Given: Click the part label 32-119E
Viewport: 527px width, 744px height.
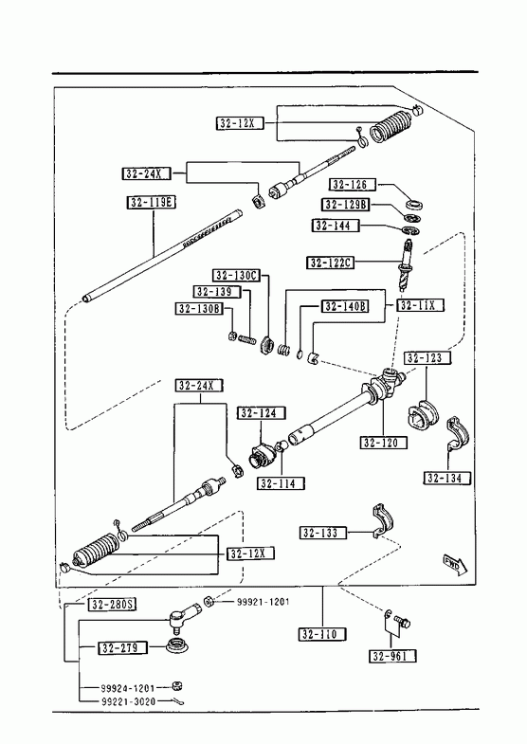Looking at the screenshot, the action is tap(152, 203).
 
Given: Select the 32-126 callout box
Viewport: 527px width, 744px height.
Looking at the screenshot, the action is tap(353, 184).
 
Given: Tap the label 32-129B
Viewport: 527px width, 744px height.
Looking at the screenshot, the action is tap(346, 205).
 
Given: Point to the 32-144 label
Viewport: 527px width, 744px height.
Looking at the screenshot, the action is tap(336, 225).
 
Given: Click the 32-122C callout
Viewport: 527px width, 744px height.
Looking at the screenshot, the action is tap(331, 263).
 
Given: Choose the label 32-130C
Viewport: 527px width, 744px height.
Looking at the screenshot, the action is tap(236, 275).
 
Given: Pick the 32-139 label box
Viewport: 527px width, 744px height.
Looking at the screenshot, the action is tap(217, 292).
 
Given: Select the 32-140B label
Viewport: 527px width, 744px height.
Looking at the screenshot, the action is tap(346, 306).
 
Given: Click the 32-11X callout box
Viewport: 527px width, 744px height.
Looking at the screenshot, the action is tap(420, 305).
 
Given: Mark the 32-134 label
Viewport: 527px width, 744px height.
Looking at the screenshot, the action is tap(447, 478).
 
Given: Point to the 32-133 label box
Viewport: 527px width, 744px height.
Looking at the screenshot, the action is tap(323, 533).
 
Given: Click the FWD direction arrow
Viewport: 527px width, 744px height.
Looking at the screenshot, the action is tap(455, 564).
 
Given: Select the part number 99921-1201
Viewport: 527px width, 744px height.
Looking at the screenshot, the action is tap(263, 602).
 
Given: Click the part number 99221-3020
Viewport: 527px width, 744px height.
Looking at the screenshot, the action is tap(127, 701).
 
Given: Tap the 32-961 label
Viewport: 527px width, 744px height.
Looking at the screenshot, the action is tap(393, 656).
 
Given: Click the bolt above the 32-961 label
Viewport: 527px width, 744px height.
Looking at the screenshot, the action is tap(402, 621).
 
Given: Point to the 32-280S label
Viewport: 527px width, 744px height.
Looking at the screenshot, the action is tap(113, 605).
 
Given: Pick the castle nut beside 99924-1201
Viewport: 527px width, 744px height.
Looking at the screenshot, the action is tap(177, 686).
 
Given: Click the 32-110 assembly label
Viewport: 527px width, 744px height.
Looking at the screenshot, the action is tap(322, 634).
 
